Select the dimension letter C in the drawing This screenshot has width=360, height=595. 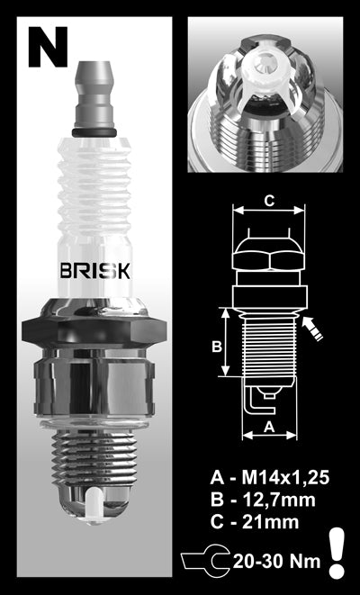tap(267, 201)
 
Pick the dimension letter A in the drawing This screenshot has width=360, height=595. tap(267, 428)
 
